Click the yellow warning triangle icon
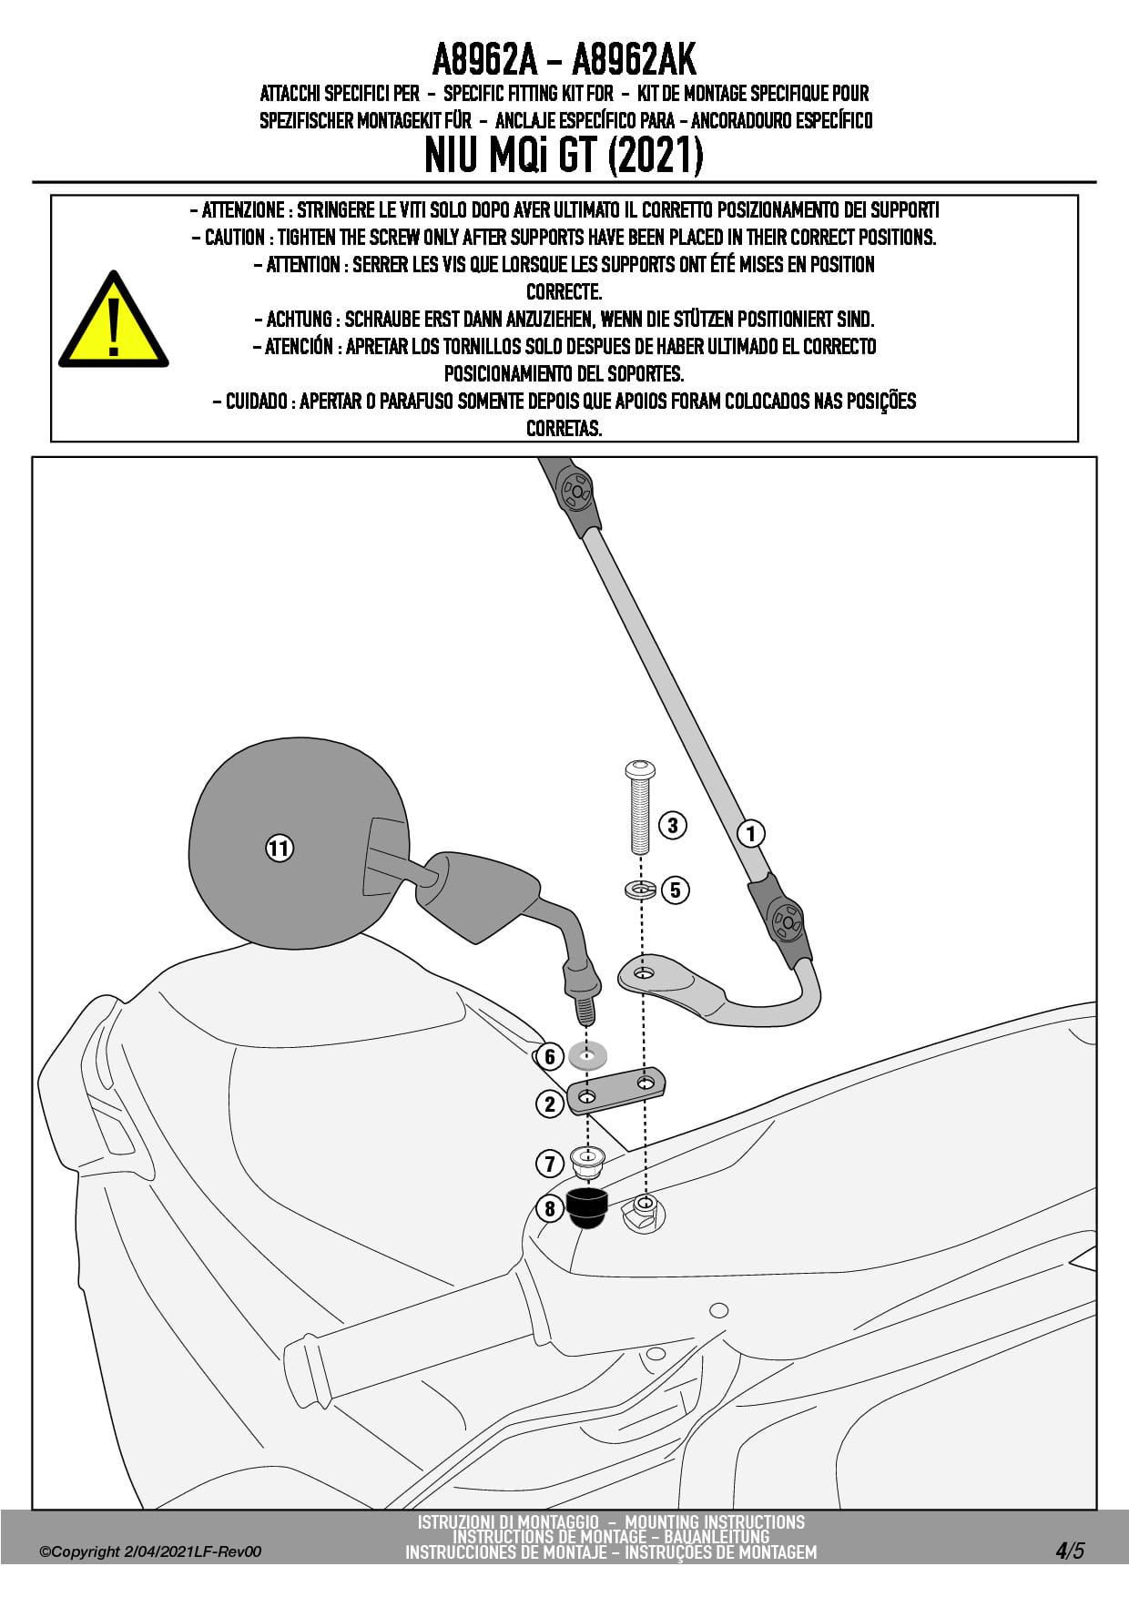(113, 323)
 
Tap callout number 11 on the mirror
(279, 849)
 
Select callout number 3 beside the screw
(672, 826)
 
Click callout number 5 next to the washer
(675, 890)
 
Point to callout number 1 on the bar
(751, 833)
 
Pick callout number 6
(549, 1057)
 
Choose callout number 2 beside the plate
(549, 1104)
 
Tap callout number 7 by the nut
(549, 1163)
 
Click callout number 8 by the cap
(549, 1209)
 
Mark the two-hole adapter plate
(615, 1090)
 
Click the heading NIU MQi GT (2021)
(564, 156)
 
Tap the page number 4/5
(1070, 1551)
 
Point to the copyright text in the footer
(150, 1551)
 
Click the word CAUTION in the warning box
(234, 238)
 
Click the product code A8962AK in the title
(634, 60)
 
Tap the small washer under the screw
(641, 889)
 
